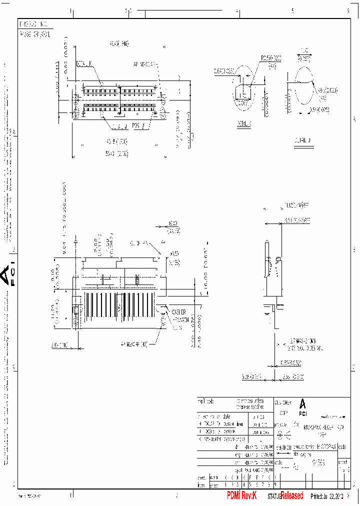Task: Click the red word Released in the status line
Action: point(291,495)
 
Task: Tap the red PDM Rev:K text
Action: point(241,495)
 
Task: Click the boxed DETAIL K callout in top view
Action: point(84,63)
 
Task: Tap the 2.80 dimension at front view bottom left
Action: point(58,344)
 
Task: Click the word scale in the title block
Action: point(279,462)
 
